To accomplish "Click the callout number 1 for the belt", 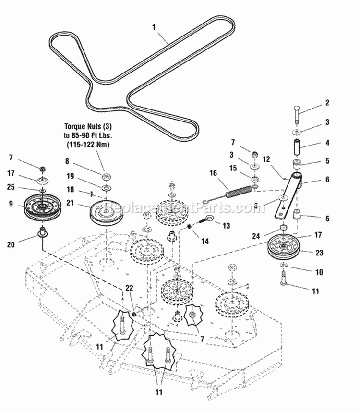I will pyautogui.click(x=154, y=28).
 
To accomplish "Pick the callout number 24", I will pyautogui.click(x=256, y=235).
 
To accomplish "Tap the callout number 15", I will pyautogui.click(x=233, y=168).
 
